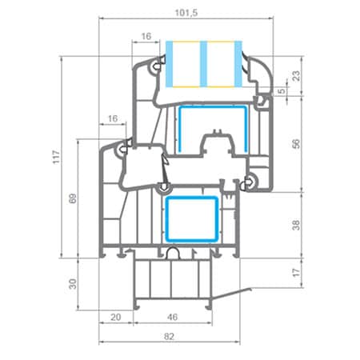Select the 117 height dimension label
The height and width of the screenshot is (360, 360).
(x=55, y=158)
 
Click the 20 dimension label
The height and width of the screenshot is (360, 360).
(x=117, y=318)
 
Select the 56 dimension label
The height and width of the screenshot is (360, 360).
(x=296, y=143)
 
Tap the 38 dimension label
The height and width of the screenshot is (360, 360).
(x=296, y=226)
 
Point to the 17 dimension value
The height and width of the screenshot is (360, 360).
(x=296, y=274)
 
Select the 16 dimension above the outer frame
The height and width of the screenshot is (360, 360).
(x=111, y=118)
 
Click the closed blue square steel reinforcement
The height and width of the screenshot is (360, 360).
(x=190, y=218)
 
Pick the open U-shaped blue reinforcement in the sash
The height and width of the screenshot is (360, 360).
(x=209, y=128)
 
